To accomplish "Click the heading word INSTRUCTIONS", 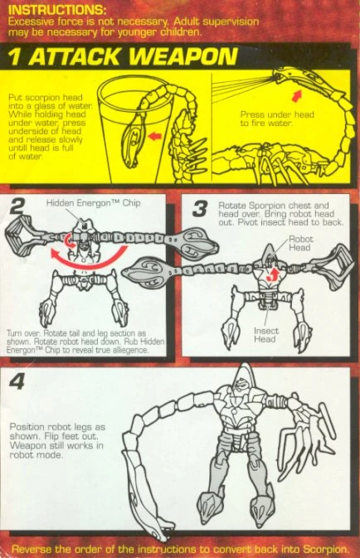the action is click(x=56, y=9).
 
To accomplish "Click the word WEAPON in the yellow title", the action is click(x=184, y=56).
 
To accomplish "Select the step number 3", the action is click(x=200, y=209).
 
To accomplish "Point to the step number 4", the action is click(x=17, y=381).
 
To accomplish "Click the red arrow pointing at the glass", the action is click(x=154, y=136).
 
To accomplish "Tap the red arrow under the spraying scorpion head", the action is click(x=296, y=95).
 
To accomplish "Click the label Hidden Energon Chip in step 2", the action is click(x=93, y=203).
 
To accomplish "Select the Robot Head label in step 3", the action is click(x=301, y=243).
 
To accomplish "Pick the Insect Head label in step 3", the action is click(x=265, y=335).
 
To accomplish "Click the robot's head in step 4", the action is click(x=242, y=381).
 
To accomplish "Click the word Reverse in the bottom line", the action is click(x=29, y=550).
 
